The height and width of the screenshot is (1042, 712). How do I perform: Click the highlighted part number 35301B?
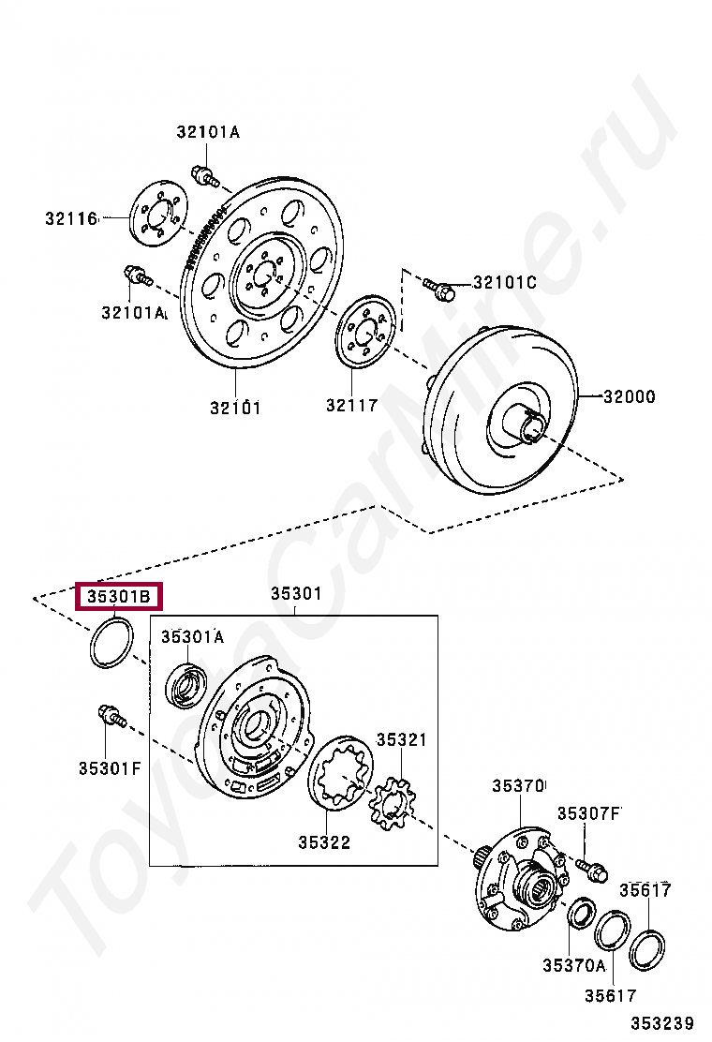(119, 596)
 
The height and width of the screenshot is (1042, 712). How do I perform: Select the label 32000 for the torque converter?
(629, 396)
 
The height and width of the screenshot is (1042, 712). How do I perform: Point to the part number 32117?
(351, 406)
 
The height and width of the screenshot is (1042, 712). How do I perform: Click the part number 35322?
(324, 842)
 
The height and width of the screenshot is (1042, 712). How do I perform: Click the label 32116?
(71, 219)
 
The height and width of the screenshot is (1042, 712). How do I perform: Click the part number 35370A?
(573, 964)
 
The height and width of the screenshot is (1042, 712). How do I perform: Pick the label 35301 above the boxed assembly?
(296, 593)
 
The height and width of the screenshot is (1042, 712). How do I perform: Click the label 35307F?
(589, 812)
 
